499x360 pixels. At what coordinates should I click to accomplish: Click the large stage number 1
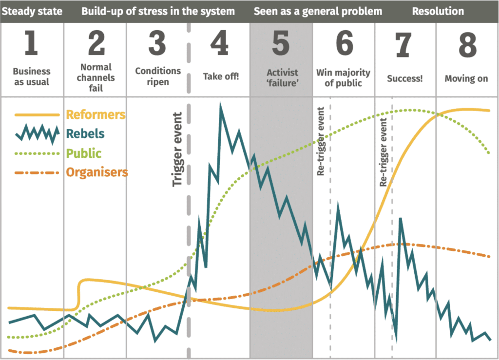(x=31, y=43)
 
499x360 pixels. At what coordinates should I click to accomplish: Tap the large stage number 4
(x=219, y=43)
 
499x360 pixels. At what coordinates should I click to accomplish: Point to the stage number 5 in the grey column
(x=281, y=43)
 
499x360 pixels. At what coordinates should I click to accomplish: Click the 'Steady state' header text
(x=32, y=11)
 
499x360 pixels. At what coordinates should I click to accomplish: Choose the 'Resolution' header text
(x=438, y=11)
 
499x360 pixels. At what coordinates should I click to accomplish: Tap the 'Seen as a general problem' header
(x=318, y=11)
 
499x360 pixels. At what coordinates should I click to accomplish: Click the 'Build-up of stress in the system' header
(x=158, y=11)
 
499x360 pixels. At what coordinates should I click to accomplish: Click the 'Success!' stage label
(x=405, y=78)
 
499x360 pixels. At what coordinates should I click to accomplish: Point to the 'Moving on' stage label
(x=466, y=78)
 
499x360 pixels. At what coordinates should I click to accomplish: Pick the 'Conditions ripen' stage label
(x=158, y=76)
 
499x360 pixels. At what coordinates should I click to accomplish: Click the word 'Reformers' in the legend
(x=96, y=114)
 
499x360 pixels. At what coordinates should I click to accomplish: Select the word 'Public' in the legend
(x=83, y=152)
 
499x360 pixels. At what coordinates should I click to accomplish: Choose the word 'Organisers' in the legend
(x=96, y=172)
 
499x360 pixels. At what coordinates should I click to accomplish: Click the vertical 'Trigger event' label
(x=178, y=150)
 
